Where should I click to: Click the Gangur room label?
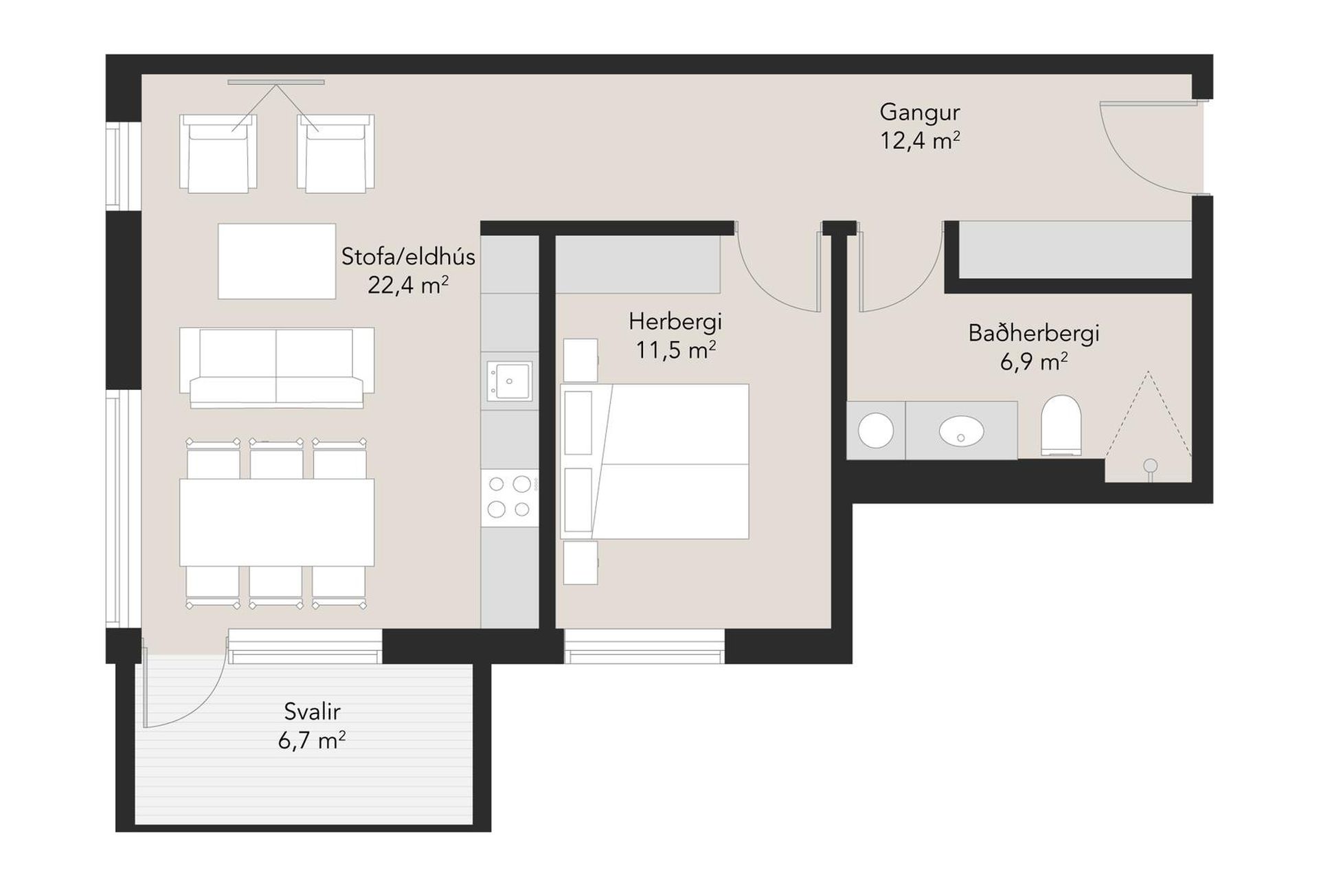(x=919, y=112)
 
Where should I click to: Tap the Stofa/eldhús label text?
(x=408, y=257)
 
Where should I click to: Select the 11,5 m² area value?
(x=675, y=350)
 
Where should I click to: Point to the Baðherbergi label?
(x=1033, y=333)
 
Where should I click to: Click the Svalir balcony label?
(x=312, y=711)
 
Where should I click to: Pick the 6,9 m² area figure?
(x=1033, y=361)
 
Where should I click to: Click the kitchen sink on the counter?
(x=509, y=380)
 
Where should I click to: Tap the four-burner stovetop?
(x=509, y=496)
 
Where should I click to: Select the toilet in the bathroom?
(x=1061, y=425)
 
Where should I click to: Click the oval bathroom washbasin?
(x=961, y=431)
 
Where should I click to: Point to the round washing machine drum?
(x=876, y=431)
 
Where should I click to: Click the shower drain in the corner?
(x=1150, y=467)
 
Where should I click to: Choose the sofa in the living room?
(x=276, y=368)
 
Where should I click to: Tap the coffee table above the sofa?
(x=277, y=261)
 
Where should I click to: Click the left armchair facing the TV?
(x=218, y=153)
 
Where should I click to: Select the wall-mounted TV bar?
(x=275, y=82)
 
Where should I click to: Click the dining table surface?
(x=277, y=523)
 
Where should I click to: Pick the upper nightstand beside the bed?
(x=580, y=360)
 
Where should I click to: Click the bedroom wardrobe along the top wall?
(x=638, y=264)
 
